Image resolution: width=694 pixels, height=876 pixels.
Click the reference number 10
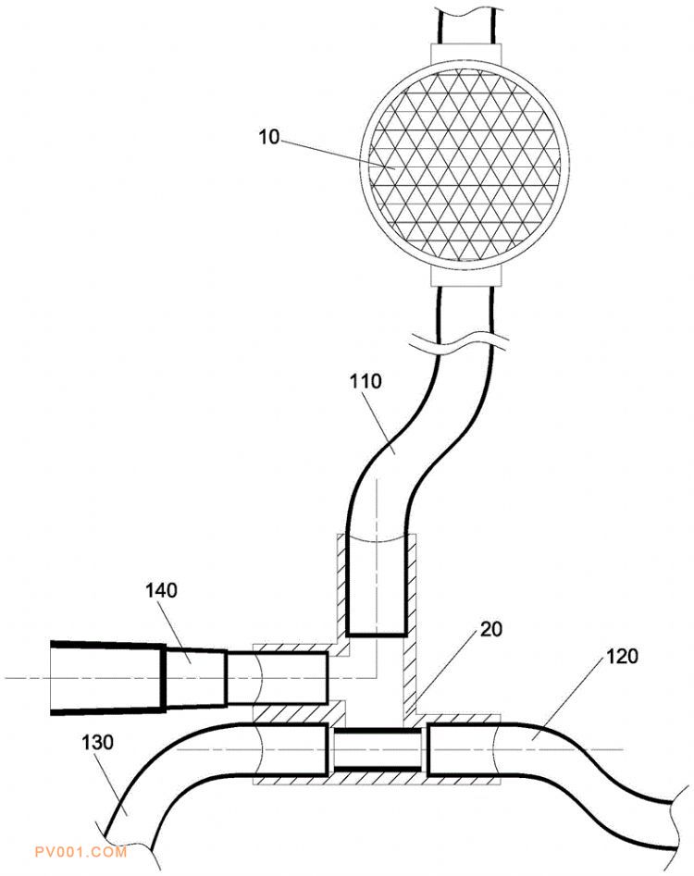(x=268, y=136)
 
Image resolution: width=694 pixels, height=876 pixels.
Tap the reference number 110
(x=366, y=381)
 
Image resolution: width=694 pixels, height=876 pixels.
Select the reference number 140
(x=162, y=590)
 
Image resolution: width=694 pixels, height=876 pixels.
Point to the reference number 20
(x=491, y=629)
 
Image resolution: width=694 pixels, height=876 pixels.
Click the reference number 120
(x=622, y=656)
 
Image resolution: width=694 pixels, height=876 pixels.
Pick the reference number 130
(x=97, y=743)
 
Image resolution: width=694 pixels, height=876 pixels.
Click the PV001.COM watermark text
(x=81, y=852)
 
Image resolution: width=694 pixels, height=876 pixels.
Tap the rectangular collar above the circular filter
(x=466, y=54)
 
